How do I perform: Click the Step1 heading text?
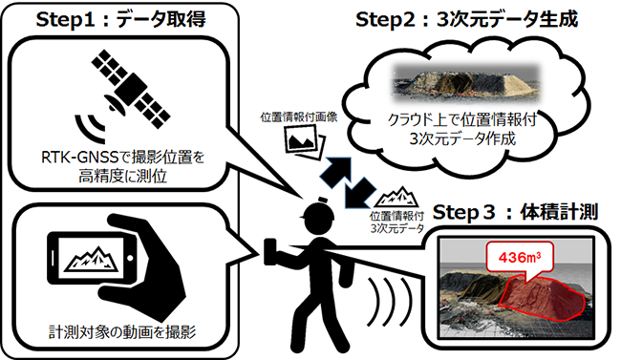point(120,20)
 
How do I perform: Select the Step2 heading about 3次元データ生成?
point(466,19)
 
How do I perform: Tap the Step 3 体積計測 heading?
point(515,212)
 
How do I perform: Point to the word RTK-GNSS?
point(80,158)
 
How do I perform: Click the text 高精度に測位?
point(122,177)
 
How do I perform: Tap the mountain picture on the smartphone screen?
point(92,259)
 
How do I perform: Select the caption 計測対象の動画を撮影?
point(122,332)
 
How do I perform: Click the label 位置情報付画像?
point(299,117)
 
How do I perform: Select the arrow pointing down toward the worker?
point(359,193)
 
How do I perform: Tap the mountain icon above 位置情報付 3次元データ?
point(396,197)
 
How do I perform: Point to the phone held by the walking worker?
point(269,252)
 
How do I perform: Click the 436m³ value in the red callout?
point(520,258)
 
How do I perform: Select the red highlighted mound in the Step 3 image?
point(542,295)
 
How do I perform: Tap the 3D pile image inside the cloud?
point(466,82)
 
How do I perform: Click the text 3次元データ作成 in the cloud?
point(462,139)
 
